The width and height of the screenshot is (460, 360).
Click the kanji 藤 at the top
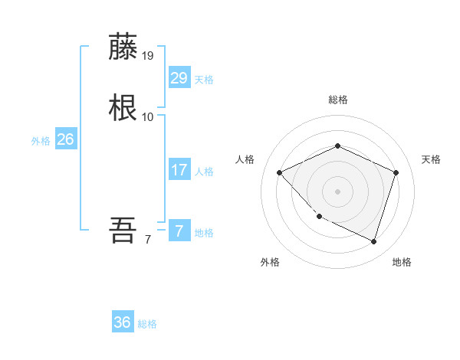[123, 47]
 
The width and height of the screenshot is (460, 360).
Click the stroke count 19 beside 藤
[148, 56]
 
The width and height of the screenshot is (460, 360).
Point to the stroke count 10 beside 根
[148, 116]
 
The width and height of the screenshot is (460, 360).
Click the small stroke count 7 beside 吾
[148, 240]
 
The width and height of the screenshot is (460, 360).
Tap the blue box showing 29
[179, 78]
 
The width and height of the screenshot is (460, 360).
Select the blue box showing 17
[179, 170]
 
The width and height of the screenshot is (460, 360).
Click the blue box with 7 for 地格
[179, 231]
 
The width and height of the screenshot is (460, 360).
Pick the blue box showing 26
[66, 139]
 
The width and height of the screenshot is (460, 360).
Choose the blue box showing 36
[123, 322]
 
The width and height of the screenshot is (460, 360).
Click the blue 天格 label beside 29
[204, 80]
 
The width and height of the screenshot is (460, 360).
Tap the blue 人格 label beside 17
[204, 172]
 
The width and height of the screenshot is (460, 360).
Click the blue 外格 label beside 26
[41, 141]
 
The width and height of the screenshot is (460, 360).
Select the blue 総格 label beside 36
[147, 324]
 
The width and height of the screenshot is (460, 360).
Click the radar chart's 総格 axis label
[337, 100]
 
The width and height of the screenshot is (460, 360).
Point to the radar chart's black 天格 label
[431, 159]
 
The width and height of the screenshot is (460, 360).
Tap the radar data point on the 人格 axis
[280, 172]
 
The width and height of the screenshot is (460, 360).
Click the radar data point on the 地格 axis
[373, 241]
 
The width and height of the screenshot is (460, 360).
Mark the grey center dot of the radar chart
[337, 191]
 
